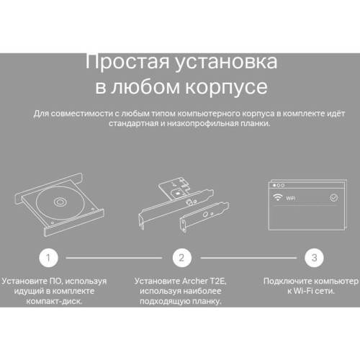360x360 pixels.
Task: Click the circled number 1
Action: (48, 258)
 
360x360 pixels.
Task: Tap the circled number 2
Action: (182, 258)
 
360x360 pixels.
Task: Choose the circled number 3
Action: (312, 258)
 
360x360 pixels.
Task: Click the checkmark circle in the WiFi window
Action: (333, 196)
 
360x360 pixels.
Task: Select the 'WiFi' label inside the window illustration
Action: (292, 196)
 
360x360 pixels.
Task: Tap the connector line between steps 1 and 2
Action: (114, 258)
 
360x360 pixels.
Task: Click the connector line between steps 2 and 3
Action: (247, 258)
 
